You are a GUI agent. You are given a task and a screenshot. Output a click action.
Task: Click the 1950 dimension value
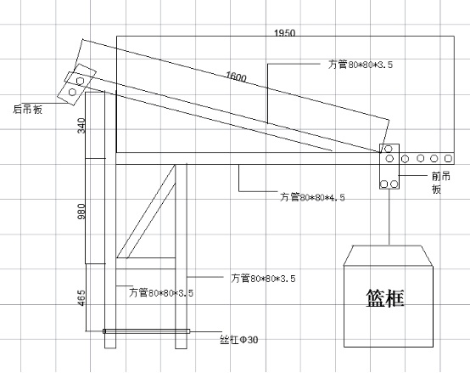[x=285, y=32]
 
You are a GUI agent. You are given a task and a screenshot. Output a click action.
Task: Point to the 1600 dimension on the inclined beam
[x=236, y=76]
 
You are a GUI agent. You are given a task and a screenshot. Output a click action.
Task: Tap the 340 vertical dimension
[x=81, y=126]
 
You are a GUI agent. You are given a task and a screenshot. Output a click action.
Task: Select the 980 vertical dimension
[x=81, y=212]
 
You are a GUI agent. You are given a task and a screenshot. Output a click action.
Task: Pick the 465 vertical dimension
[x=81, y=298]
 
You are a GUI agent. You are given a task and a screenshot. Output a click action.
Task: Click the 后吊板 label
[x=28, y=109]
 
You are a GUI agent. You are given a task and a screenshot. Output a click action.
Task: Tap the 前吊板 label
[x=441, y=183]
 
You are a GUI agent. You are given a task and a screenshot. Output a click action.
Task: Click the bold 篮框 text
[x=385, y=298]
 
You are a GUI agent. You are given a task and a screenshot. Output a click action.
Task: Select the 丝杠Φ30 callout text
[x=239, y=340]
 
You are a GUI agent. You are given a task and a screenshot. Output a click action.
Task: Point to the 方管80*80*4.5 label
[x=312, y=197]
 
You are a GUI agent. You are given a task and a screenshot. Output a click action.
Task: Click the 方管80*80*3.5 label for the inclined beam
[x=360, y=65]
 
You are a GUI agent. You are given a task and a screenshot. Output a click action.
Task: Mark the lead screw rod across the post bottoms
[x=146, y=331]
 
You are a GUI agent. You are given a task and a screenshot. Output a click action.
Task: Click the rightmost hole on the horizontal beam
[x=448, y=158]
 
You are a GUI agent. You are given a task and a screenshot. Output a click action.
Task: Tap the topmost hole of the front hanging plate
[x=389, y=149]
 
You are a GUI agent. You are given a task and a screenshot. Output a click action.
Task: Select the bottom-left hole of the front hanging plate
[x=384, y=184]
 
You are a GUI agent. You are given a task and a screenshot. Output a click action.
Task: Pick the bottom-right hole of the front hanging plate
[x=394, y=184]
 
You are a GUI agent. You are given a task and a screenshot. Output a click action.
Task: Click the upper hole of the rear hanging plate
[x=80, y=81]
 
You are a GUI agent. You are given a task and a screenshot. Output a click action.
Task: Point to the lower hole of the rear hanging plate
[x=72, y=92]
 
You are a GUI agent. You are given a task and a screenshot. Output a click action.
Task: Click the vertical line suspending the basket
[x=389, y=217]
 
